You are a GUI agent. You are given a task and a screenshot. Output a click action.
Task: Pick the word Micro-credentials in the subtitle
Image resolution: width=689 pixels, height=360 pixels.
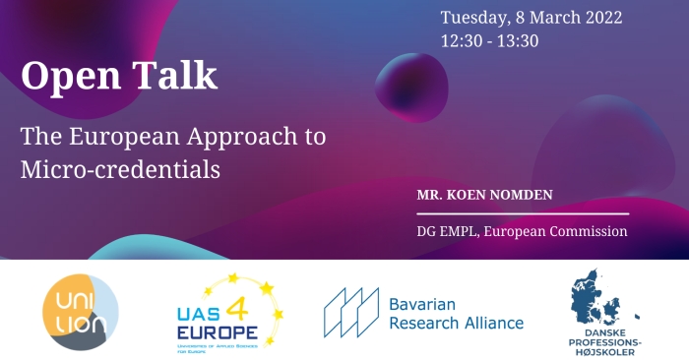tap(120, 168)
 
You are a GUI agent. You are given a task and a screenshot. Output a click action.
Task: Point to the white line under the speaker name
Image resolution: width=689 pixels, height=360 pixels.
tap(522, 212)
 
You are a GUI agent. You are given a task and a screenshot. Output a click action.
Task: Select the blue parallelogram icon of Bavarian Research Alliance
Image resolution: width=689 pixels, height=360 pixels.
tap(351, 311)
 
